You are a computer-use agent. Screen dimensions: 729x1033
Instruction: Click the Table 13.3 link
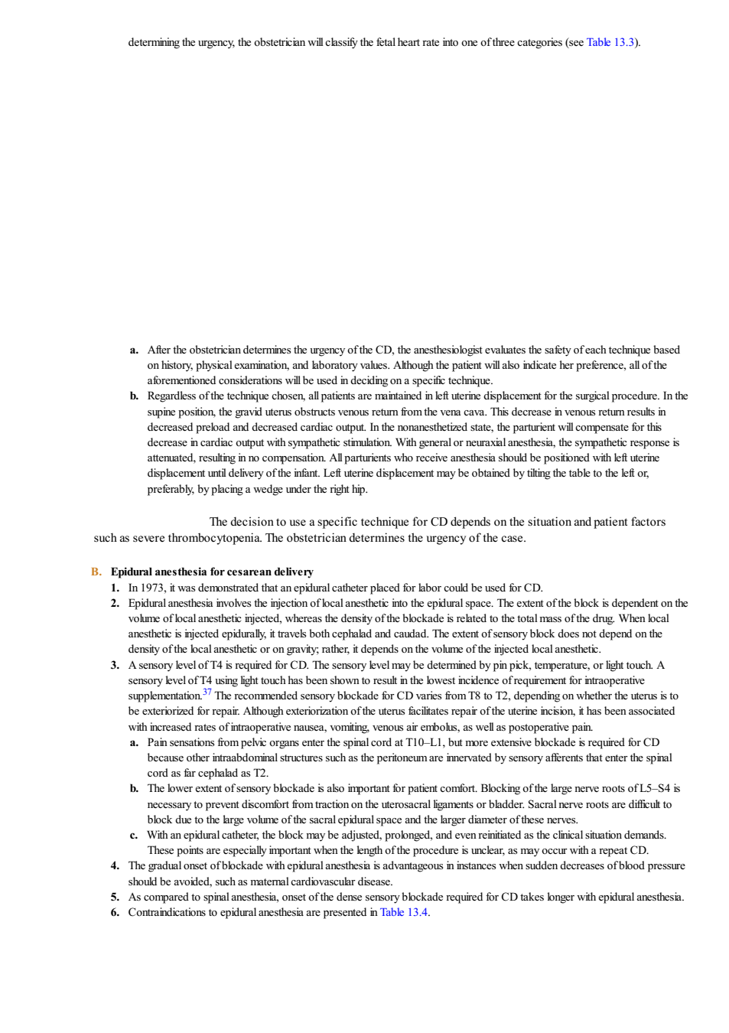(x=610, y=42)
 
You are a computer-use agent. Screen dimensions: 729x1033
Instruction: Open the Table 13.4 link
(x=403, y=912)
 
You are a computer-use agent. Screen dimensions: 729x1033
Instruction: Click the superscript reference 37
(x=207, y=692)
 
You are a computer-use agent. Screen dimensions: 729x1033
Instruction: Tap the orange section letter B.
(x=96, y=572)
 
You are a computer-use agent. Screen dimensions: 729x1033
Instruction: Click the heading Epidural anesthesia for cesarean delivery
(x=212, y=572)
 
